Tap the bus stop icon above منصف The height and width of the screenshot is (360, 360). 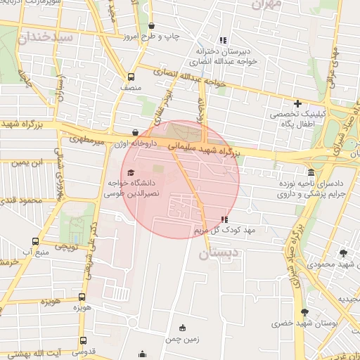point(131,77)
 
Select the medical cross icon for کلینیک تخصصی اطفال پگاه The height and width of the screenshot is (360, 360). point(297,103)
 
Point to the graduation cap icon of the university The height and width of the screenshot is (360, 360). point(129,172)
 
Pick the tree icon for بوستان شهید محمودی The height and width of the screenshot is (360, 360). point(343,253)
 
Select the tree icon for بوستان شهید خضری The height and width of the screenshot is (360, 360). point(304,312)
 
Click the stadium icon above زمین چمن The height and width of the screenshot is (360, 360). point(184,328)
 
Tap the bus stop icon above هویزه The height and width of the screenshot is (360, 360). point(82,297)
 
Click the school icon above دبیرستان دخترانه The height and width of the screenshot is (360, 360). point(224,40)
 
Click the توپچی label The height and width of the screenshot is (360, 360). point(66,247)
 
